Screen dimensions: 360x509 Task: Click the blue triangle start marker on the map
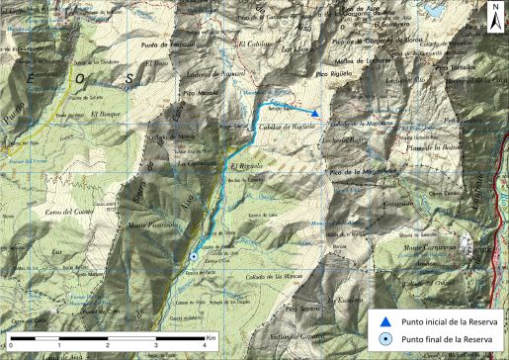point(314,113)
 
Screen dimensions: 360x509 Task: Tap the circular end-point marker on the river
point(194,255)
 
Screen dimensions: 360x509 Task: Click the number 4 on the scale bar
point(202,345)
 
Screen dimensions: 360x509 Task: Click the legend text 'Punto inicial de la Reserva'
point(446,320)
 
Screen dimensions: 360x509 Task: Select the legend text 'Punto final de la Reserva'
point(444,340)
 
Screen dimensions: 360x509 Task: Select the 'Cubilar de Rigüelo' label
point(290,127)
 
